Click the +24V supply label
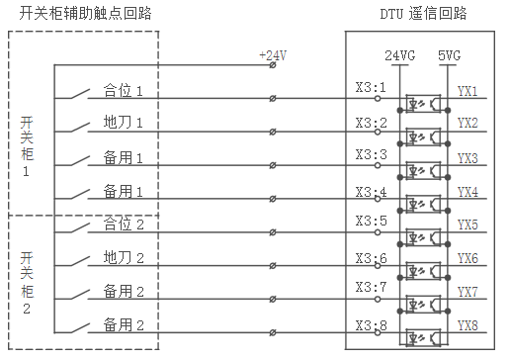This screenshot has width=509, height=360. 272,55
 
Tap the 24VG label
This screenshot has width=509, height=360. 399,55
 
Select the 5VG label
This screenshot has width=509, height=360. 451,55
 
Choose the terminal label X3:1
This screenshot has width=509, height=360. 371,89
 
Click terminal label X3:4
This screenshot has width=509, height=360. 371,190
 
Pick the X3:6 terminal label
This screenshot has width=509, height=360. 371,257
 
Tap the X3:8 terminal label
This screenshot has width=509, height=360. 371,324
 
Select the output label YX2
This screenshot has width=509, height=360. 467,123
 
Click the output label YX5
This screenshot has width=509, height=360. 467,225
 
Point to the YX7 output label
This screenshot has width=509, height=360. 467,292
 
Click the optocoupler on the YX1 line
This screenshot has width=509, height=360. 423,103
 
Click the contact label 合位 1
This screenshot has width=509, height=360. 125,91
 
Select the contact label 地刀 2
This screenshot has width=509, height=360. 125,258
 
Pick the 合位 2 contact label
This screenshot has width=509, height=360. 125,225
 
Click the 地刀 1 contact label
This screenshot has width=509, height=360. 125,124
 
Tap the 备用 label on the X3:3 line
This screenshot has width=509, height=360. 125,157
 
